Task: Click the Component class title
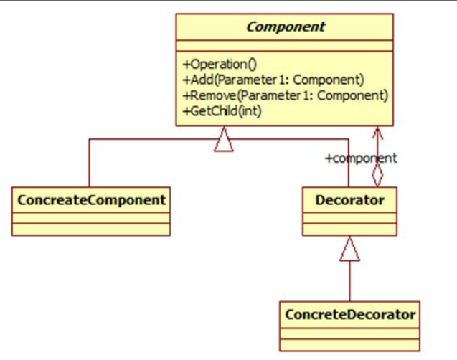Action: tap(286, 27)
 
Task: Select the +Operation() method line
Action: tap(220, 65)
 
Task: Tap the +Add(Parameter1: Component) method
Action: tap(273, 80)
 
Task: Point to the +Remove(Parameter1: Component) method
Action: tap(286, 95)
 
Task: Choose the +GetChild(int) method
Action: tap(222, 111)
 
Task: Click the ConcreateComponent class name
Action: tap(92, 200)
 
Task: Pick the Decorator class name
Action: tap(350, 200)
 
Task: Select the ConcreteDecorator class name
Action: tap(350, 315)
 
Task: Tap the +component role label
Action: tap(361, 158)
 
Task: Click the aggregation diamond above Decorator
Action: tap(377, 175)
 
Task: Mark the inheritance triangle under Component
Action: tap(224, 139)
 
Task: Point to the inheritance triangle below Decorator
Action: tap(350, 249)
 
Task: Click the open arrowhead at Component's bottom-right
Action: tap(377, 133)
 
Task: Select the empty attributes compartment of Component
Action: tap(284, 46)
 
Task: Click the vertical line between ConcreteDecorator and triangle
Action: tap(350, 281)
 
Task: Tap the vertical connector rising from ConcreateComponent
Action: tap(89, 163)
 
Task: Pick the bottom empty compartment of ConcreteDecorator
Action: tap(350, 345)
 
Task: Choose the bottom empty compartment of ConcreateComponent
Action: tap(91, 229)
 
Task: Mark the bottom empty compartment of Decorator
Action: tap(350, 229)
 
